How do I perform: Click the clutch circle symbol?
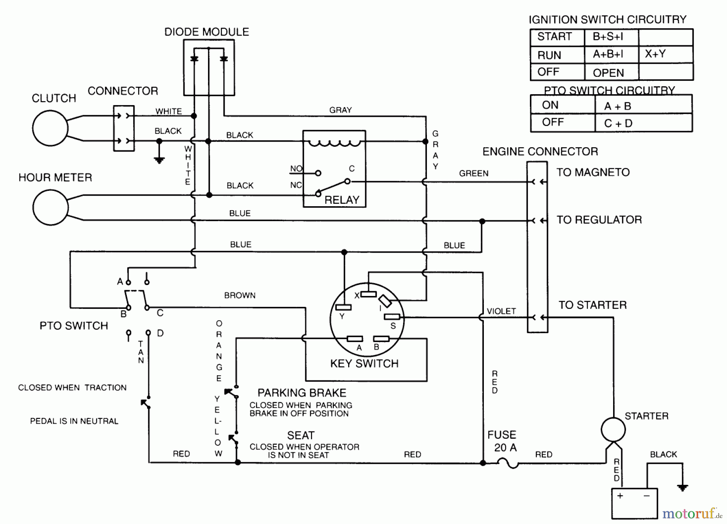(50, 128)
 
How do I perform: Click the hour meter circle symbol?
(50, 207)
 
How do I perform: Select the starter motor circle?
(613, 429)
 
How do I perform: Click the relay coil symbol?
(334, 143)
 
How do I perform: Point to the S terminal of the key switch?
(392, 317)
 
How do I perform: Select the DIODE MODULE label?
(206, 32)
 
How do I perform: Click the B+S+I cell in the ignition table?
(608, 37)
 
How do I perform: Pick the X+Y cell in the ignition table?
(655, 54)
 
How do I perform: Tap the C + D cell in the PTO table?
(618, 123)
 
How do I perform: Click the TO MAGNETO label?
(593, 172)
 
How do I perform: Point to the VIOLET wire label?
(501, 311)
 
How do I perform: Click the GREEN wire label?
(474, 173)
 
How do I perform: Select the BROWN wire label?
(240, 296)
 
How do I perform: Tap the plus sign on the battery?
(620, 496)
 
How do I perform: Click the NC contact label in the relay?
(296, 185)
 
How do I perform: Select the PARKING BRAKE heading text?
(302, 393)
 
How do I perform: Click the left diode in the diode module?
(194, 59)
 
